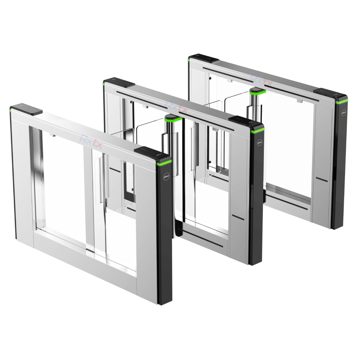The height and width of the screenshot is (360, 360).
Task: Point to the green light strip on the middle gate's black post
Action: (257, 132)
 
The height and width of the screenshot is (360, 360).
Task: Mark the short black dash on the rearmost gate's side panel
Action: (321, 178)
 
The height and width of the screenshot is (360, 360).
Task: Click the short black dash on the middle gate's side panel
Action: (238, 216)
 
